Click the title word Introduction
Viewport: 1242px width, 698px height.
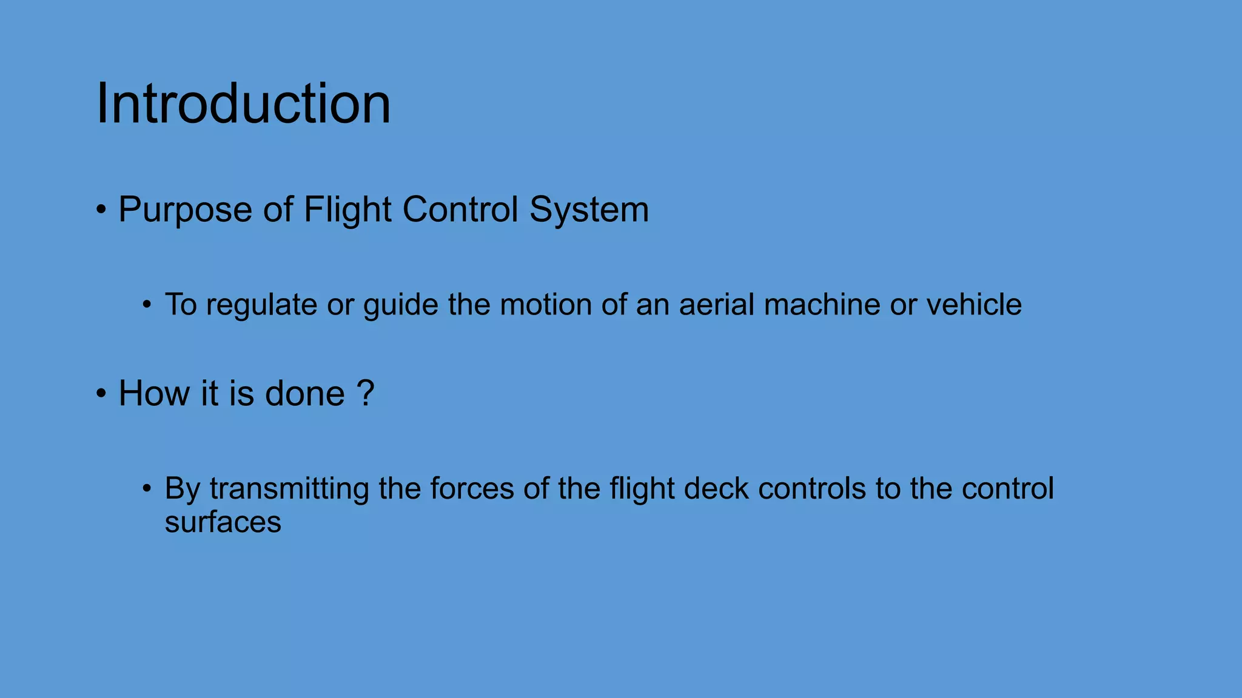point(243,104)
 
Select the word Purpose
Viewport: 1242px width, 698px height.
point(185,210)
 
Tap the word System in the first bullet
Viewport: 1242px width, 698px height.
point(589,210)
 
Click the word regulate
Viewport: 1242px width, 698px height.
point(261,305)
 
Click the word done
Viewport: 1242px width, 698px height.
point(305,394)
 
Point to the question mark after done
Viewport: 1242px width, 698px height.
point(366,394)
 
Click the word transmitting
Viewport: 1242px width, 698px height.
point(289,489)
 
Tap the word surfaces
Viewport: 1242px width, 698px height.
point(223,522)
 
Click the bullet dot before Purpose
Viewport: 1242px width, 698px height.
point(101,211)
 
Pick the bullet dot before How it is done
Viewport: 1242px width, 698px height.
point(101,394)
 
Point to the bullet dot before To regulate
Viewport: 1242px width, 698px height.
point(147,305)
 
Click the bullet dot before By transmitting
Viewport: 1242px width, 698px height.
point(147,489)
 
